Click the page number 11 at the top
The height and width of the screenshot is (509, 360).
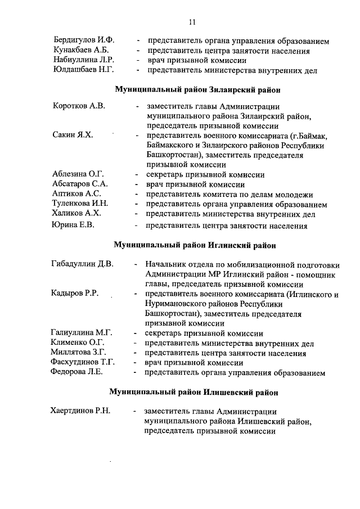tap(192, 22)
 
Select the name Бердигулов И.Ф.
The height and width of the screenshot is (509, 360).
tap(84, 41)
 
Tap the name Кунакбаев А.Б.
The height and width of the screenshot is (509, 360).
tap(81, 51)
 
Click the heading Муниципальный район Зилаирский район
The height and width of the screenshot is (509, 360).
tap(198, 89)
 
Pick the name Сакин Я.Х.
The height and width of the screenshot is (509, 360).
tap(73, 136)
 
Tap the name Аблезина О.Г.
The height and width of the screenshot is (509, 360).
tap(78, 174)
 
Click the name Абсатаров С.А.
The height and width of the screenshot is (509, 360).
tap(80, 184)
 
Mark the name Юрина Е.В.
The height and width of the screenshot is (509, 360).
tap(73, 225)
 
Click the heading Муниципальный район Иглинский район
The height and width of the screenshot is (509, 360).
tap(195, 245)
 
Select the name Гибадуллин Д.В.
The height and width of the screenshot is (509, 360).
tap(82, 264)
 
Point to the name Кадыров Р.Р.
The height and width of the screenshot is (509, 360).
tap(75, 294)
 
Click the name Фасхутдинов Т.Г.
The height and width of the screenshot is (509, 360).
tap(82, 362)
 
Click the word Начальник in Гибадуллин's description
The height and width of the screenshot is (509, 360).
tap(166, 264)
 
